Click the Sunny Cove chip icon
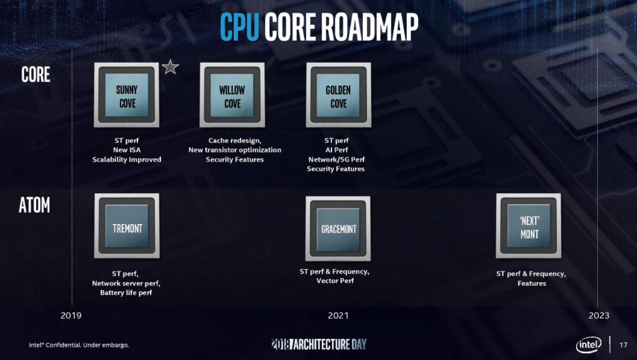coord(126,95)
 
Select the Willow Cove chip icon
coord(233,95)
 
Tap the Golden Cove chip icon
coord(338,95)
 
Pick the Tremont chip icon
coord(127,226)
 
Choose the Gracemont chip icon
coord(338,229)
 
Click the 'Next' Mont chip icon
coord(529,226)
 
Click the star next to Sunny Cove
coord(170,67)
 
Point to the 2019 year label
coord(71,315)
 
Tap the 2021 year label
coord(338,315)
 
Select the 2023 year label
coord(599,315)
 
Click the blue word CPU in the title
coord(239,27)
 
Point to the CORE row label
coord(35,75)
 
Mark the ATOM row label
coord(35,205)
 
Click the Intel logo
coord(588,345)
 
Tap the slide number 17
coord(623,345)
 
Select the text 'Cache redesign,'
coord(235,141)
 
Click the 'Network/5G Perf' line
coord(337,160)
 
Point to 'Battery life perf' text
coord(126,293)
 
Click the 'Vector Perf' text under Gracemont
coord(335,280)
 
